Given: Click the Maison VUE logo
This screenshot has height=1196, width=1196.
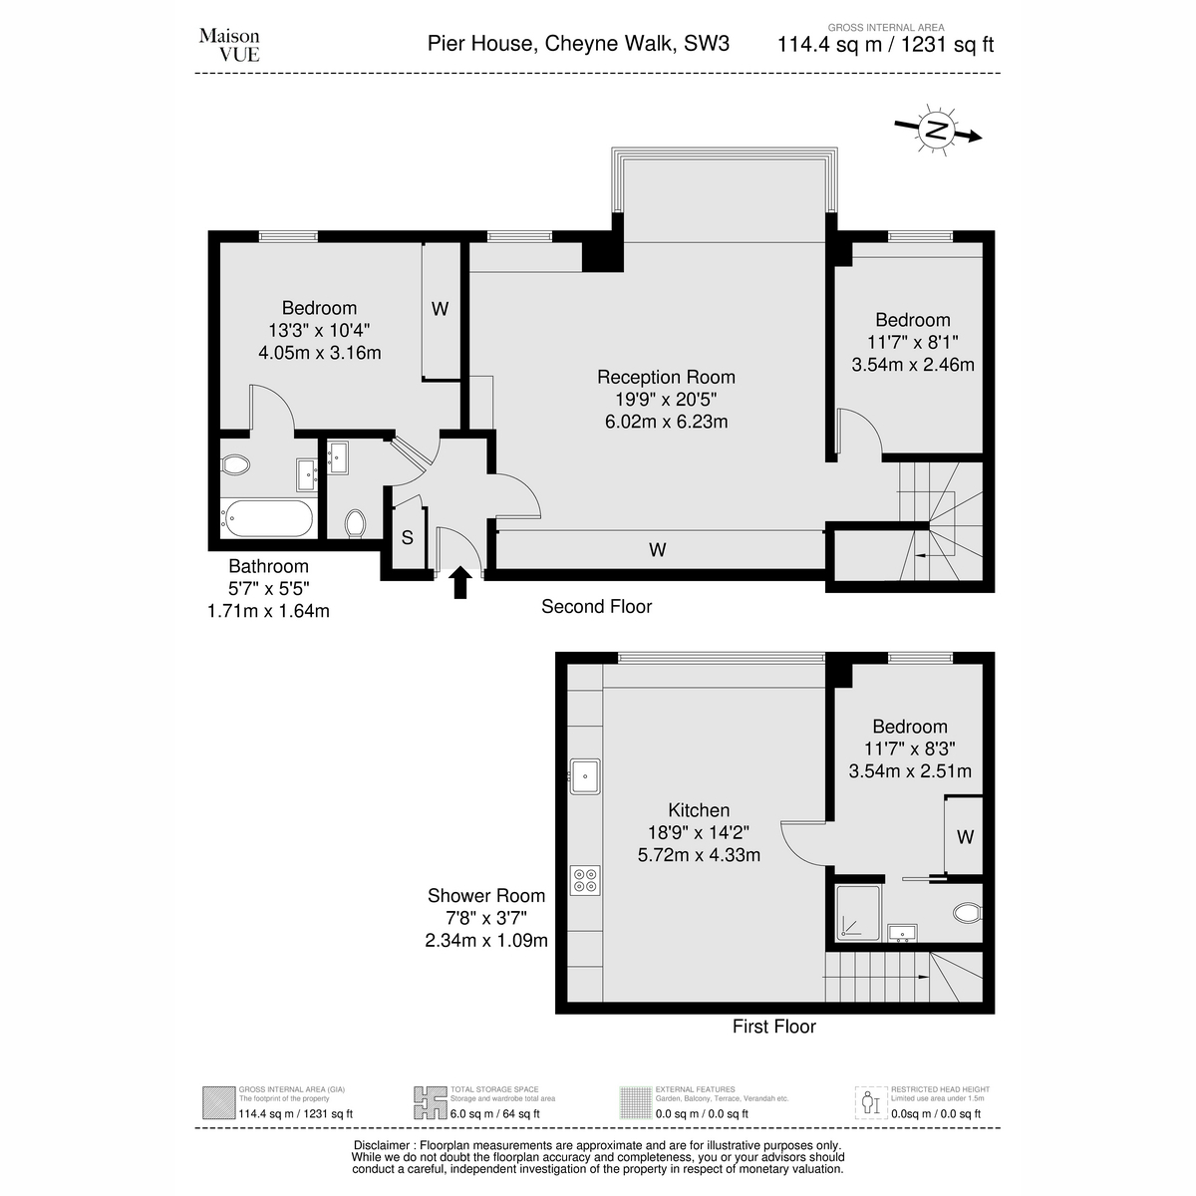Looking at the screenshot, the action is pos(229,45).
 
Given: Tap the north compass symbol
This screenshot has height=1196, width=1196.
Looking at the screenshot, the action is pos(937,130).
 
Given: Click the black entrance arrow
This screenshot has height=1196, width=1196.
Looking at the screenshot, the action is pos(459,582).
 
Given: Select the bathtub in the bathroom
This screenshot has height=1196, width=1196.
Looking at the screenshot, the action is pos(269,518).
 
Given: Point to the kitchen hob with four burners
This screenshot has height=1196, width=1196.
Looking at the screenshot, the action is pos(585,880).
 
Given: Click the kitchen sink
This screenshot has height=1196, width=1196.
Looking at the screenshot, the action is pos(585,775).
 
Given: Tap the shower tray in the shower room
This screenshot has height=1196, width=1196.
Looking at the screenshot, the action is pos(858,912).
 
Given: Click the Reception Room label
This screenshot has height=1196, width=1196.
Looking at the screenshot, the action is pos(666,377).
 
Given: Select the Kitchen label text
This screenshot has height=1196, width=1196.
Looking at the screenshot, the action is pos(699,810).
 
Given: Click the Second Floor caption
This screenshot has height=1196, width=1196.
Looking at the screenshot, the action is pos(596,606).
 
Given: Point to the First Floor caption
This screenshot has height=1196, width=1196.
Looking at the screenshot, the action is pos(774,1026).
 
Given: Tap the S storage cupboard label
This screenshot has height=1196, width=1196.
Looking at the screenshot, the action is pos(408,537).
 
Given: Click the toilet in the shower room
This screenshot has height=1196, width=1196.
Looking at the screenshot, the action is pos(968,912).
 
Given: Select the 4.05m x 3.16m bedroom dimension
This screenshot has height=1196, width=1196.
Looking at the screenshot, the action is pos(320,353).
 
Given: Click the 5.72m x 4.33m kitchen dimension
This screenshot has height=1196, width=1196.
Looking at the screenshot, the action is pos(699,854).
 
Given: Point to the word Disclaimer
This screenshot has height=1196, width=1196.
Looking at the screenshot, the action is pos(382,1145).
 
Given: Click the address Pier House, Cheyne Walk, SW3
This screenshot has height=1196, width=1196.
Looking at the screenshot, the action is pos(578,44).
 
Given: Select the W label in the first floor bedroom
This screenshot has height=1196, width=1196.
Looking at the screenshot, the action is pos(965,837).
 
